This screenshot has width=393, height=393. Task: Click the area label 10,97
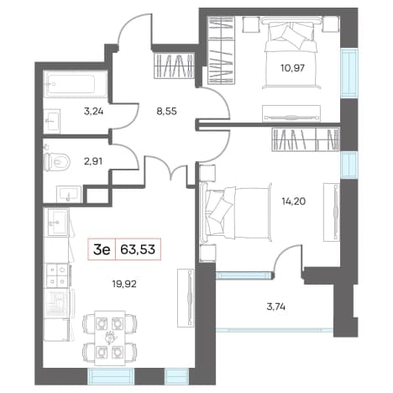click(292, 68)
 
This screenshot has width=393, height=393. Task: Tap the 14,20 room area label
click(294, 201)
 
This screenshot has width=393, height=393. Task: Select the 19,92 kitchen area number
click(124, 284)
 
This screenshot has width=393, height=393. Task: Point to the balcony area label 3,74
click(276, 307)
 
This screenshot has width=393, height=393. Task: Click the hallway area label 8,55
click(167, 112)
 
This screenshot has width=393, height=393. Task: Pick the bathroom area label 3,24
click(93, 112)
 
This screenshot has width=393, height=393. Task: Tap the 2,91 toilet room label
click(92, 161)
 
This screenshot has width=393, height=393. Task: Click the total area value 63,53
click(138, 249)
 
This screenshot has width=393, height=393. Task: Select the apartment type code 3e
click(102, 249)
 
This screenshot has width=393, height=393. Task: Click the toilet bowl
click(57, 162)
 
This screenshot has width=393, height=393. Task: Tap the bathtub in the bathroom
click(76, 84)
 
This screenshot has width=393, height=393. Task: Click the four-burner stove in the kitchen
click(57, 275)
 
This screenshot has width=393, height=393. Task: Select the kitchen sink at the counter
click(58, 223)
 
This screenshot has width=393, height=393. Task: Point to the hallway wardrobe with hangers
click(174, 65)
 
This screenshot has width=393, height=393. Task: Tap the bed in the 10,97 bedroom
click(291, 52)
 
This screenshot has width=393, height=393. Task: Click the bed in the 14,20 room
click(237, 213)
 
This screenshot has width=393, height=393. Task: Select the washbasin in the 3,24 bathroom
click(52, 120)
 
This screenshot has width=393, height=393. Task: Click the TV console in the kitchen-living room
click(186, 297)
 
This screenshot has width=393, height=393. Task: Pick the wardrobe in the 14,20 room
click(306, 139)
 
